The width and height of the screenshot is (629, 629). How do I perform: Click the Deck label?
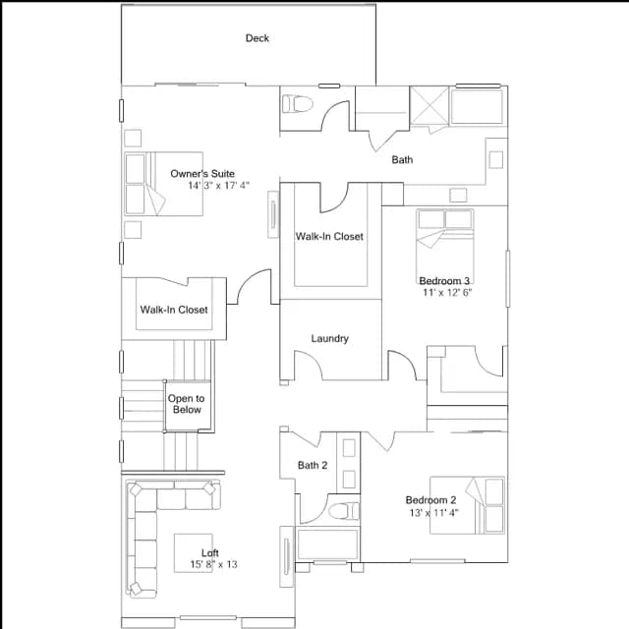(x=257, y=38)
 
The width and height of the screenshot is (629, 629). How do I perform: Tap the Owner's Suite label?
(x=202, y=174)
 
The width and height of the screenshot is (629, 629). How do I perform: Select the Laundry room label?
(x=330, y=338)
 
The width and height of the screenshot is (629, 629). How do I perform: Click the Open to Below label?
(x=186, y=404)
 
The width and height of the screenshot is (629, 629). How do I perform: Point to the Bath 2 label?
(x=313, y=465)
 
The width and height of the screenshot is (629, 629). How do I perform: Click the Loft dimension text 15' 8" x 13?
(x=214, y=564)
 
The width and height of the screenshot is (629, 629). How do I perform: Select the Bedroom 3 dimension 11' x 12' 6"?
(x=447, y=293)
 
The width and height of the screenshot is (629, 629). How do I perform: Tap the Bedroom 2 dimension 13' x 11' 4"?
(x=434, y=513)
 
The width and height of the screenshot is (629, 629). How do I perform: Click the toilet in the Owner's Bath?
(x=297, y=104)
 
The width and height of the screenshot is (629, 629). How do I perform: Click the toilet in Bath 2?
(x=344, y=511)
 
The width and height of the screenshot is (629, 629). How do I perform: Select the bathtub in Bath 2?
(x=327, y=543)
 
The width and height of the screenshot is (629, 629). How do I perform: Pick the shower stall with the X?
(x=429, y=105)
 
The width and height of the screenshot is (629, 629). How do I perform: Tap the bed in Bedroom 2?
(x=468, y=505)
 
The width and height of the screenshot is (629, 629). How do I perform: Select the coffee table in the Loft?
(x=193, y=553)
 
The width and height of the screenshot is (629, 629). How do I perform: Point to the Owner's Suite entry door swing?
(x=254, y=286)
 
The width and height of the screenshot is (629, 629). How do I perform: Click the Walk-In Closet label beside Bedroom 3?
(x=329, y=236)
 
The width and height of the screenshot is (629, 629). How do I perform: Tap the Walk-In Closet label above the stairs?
(x=174, y=310)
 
